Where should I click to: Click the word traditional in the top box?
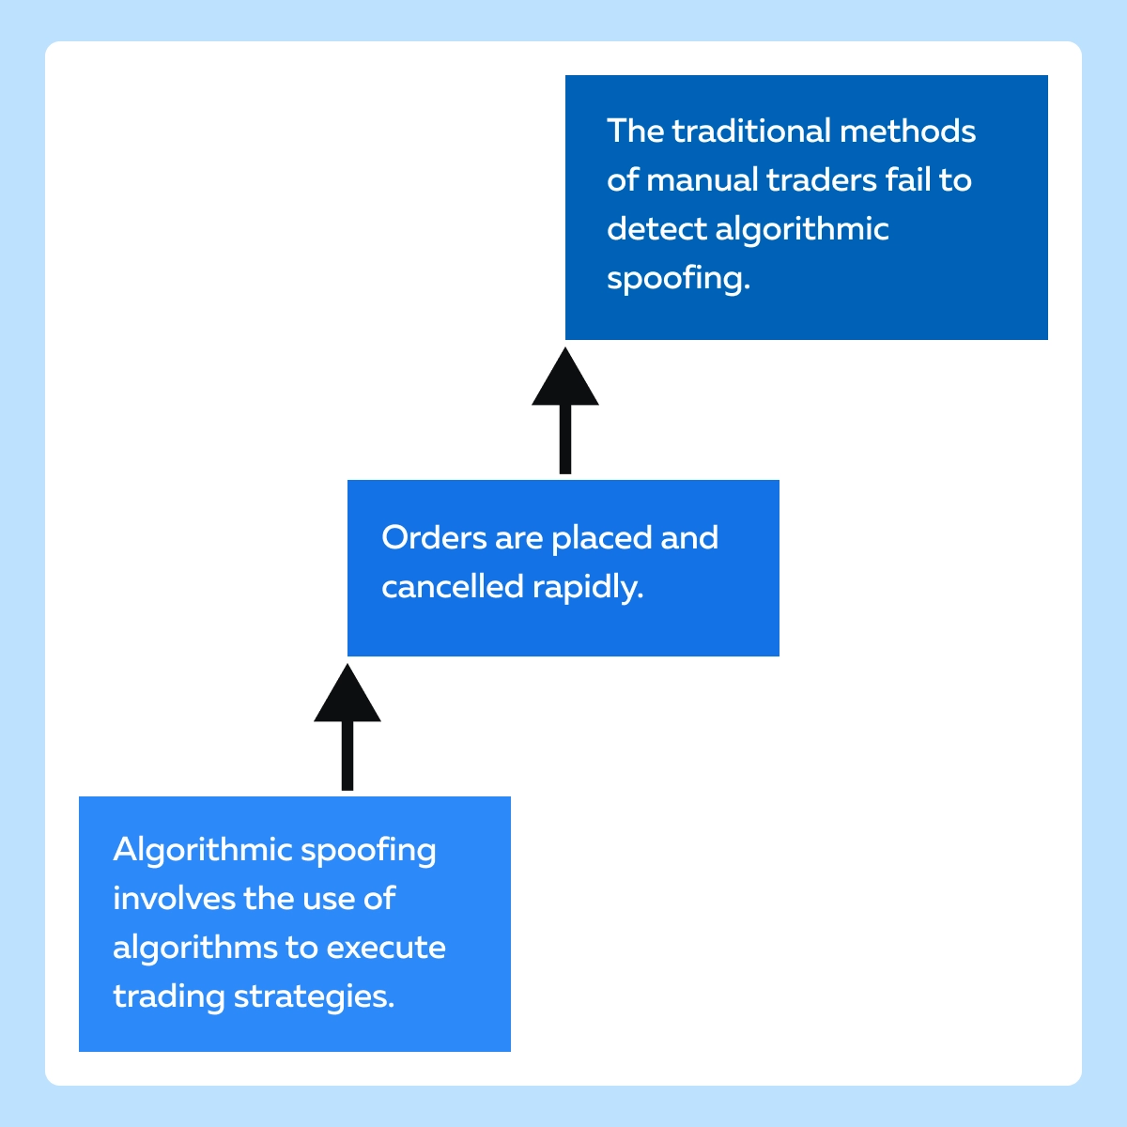point(751,131)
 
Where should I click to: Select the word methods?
point(907,131)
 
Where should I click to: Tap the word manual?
point(702,179)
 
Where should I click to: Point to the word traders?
point(821,180)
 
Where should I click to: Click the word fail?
point(907,179)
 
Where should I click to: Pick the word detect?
point(656,228)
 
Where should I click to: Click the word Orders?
point(434,537)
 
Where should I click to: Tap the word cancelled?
point(452,587)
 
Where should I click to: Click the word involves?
point(174,899)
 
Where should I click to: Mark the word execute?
point(386,949)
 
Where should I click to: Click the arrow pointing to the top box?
point(565,410)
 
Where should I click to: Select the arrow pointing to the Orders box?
point(347,727)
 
